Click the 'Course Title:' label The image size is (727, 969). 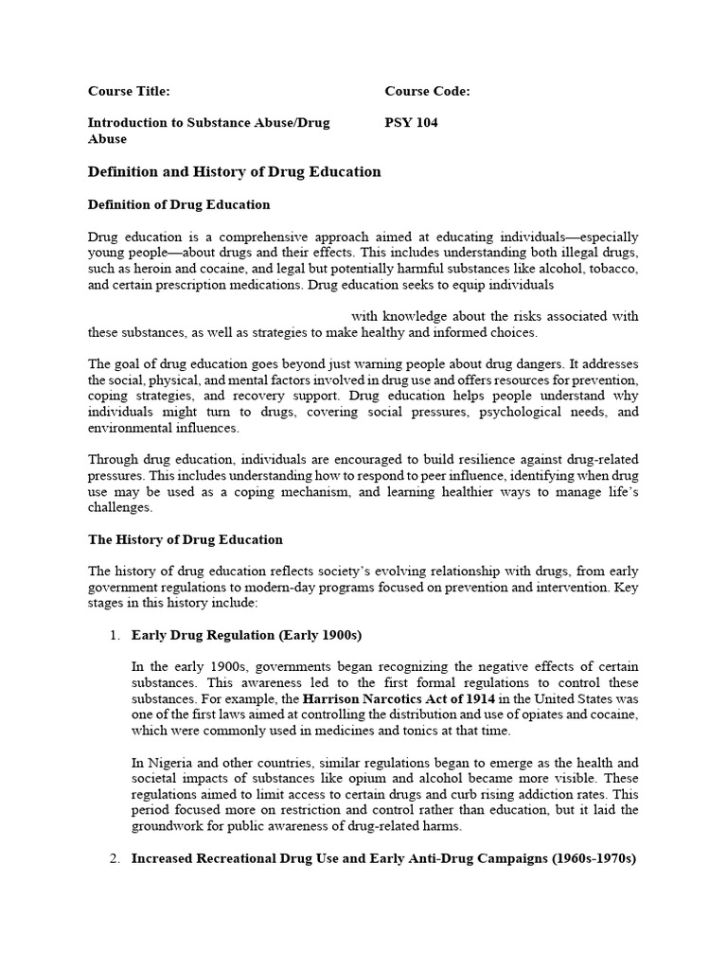(x=129, y=92)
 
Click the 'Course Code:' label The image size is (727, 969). (x=427, y=92)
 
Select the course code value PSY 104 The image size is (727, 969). (x=411, y=122)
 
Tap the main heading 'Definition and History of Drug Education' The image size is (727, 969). (x=234, y=171)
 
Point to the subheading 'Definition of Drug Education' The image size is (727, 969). (x=179, y=204)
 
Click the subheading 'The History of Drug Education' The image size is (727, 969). (x=185, y=539)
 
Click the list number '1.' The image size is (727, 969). (x=116, y=635)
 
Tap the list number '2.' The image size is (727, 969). (x=116, y=858)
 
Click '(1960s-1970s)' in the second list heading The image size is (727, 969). (x=592, y=858)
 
